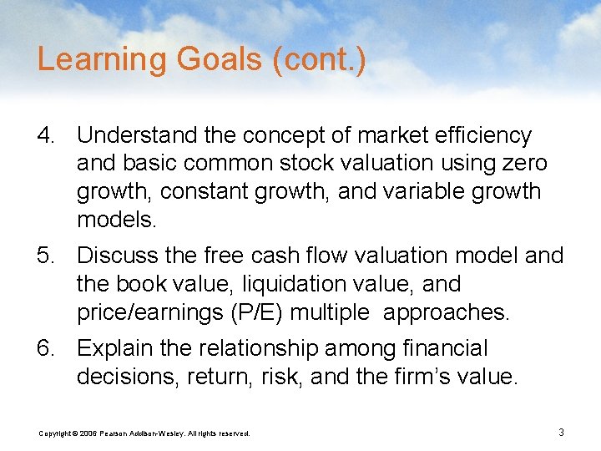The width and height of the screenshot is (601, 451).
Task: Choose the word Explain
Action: click(x=117, y=348)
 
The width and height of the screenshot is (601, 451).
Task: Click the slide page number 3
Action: click(x=561, y=432)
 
